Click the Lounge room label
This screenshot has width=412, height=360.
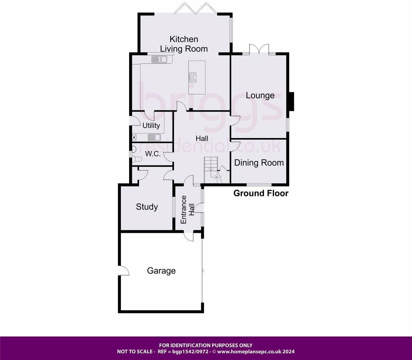[260, 95]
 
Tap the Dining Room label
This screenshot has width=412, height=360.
[259, 162]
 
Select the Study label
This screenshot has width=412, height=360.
[147, 207]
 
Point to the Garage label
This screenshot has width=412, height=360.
[161, 271]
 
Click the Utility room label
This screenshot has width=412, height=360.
[151, 125]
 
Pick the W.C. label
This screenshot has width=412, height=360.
[153, 154]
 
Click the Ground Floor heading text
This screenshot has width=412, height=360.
[261, 193]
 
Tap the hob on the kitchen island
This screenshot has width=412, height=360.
[193, 77]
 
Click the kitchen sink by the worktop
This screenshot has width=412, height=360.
[159, 59]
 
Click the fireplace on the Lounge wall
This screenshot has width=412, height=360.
[291, 101]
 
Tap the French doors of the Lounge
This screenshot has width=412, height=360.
[259, 49]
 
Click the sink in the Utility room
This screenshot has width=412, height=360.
[154, 137]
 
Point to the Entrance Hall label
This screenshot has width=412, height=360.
[187, 209]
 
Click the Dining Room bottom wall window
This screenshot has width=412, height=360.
[259, 184]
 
